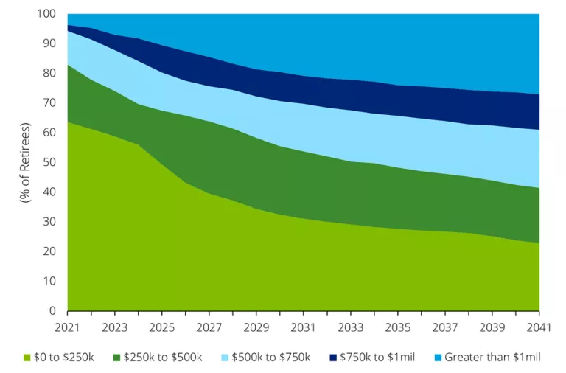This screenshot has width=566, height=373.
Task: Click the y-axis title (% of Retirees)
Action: click(x=25, y=162)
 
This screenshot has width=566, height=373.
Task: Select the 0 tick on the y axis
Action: click(x=52, y=311)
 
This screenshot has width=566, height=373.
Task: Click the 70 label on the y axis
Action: click(x=49, y=103)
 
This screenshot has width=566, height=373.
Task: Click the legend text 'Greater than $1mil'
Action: click(x=493, y=358)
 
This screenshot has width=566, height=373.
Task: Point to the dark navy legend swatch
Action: click(x=332, y=358)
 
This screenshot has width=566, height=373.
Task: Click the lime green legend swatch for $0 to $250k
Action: click(x=28, y=358)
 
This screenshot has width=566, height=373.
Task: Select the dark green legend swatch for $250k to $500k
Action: click(x=118, y=358)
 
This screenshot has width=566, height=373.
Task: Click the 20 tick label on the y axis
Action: click(x=49, y=251)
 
